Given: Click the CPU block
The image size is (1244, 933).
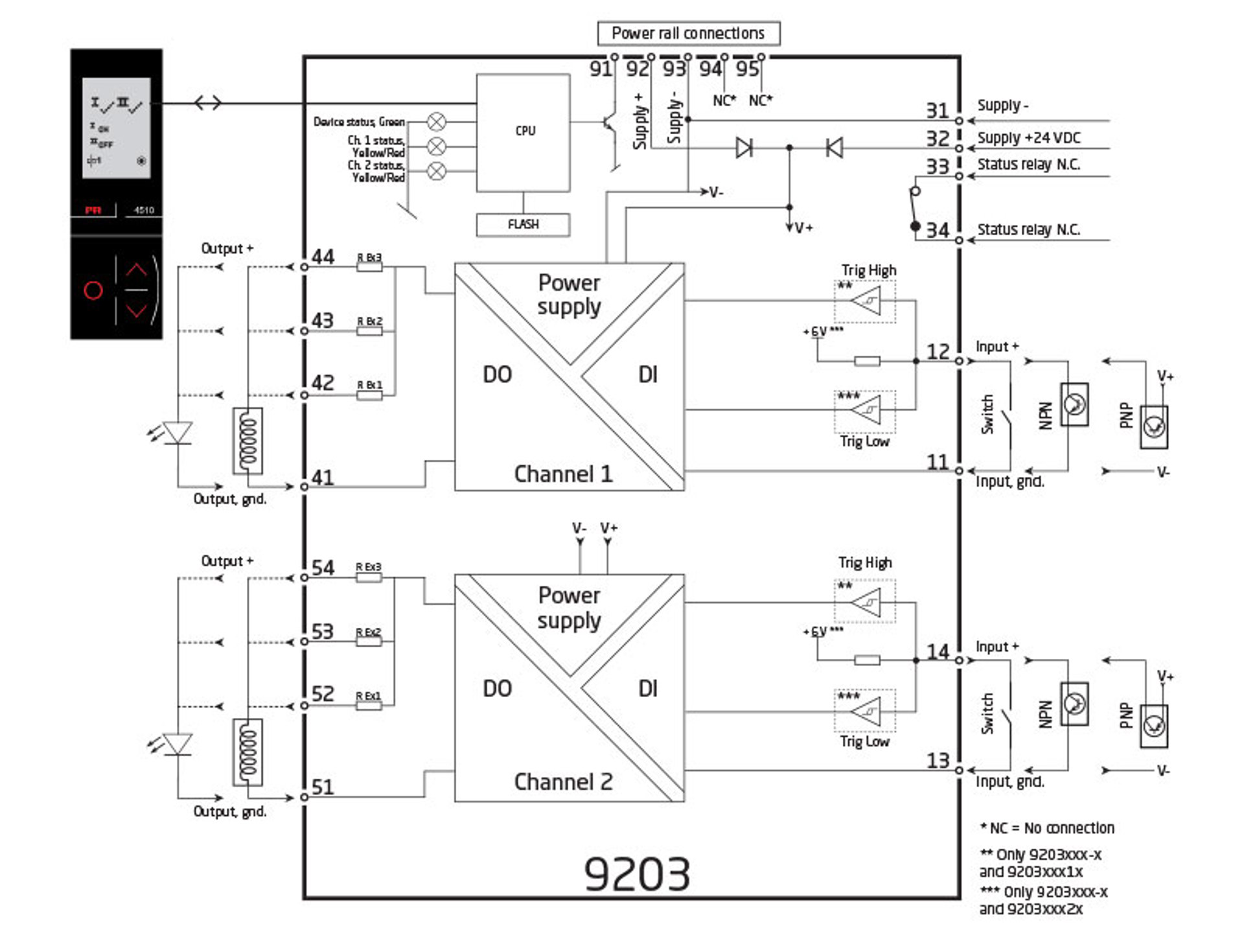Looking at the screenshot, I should click(523, 132).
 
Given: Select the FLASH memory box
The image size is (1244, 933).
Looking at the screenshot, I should click(523, 224).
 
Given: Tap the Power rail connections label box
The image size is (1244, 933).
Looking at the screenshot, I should click(687, 33).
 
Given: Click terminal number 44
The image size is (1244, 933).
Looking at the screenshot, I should click(323, 257).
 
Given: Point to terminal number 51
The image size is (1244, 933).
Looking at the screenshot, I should click(323, 787).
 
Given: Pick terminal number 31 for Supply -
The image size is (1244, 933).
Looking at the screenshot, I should click(937, 111).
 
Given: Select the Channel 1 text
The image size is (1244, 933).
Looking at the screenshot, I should click(563, 474).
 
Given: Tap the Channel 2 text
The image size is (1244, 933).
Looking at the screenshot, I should click(563, 781).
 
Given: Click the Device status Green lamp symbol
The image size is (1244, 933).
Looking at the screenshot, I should click(437, 121).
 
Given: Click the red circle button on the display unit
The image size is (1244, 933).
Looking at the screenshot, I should click(93, 290).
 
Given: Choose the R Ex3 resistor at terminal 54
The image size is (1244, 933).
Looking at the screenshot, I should click(369, 577).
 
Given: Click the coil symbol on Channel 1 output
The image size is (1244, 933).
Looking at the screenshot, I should click(248, 441).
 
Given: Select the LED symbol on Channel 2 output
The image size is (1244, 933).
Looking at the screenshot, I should click(177, 744).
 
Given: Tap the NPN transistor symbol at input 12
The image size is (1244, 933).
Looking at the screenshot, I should click(1074, 405).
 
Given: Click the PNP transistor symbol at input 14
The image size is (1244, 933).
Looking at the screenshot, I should click(1154, 726).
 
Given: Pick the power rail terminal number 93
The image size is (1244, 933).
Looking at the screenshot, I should click(674, 69).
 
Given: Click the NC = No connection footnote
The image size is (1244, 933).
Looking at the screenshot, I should click(1047, 828).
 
